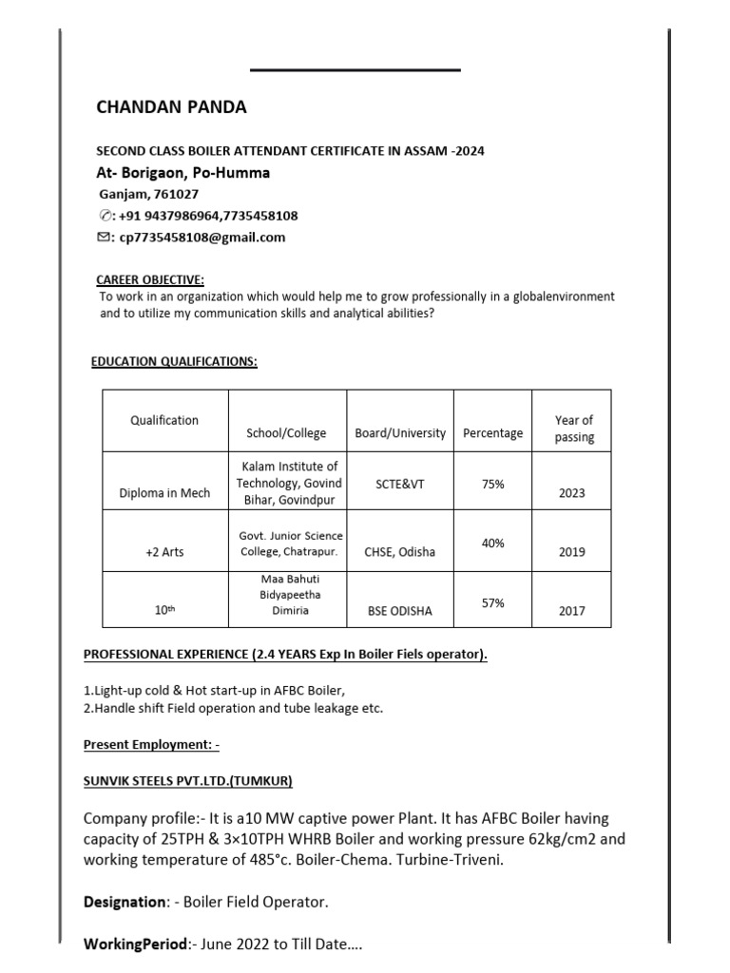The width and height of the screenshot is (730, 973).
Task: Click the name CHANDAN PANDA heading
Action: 171,107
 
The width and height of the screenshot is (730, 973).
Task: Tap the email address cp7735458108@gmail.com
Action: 202,238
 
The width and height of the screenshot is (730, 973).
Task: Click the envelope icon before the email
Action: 104,238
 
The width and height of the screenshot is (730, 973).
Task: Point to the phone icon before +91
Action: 105,216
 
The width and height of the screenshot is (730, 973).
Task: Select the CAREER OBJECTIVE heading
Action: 150,279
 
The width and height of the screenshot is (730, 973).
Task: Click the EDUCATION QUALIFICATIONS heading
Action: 174,362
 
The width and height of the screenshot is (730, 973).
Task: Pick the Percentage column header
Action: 492,433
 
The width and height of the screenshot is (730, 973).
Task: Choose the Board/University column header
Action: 399,433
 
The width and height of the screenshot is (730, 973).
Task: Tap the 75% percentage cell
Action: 492,485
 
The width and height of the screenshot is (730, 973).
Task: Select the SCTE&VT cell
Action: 399,485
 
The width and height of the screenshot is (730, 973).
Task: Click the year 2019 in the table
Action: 572,552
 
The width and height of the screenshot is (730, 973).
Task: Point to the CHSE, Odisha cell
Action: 399,552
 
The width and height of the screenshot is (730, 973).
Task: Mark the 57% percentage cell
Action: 492,603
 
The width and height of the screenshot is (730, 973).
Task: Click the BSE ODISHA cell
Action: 399,611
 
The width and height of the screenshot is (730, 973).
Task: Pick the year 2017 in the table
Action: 572,611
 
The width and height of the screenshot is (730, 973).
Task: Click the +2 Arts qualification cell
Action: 164,552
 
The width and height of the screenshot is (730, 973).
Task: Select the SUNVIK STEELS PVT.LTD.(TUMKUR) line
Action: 188,781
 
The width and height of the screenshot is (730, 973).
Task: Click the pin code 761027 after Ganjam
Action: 177,194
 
